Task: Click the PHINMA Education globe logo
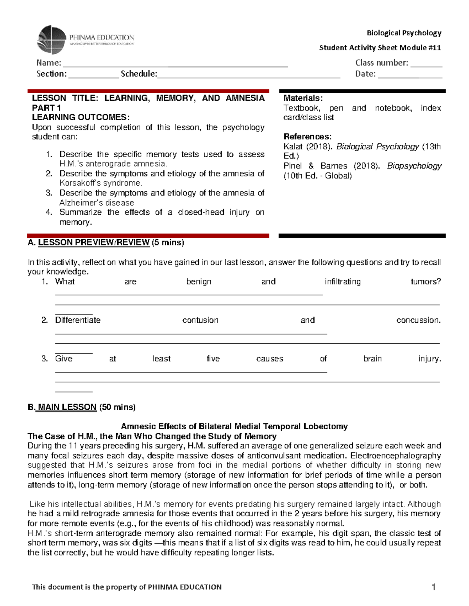point(52,39)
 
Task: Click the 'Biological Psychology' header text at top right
point(404,33)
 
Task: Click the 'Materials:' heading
point(303,98)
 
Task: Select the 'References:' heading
point(307,137)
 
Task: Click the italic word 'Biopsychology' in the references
point(414,166)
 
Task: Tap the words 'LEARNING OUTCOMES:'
point(81,117)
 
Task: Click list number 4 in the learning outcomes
point(49,212)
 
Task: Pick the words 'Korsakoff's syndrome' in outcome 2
point(100,183)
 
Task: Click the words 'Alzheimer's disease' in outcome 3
point(97,203)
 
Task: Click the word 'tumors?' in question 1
point(425,282)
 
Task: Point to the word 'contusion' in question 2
point(200,320)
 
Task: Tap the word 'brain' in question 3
point(372,359)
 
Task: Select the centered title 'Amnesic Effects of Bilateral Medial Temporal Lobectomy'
point(234,427)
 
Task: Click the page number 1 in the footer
point(433,587)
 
